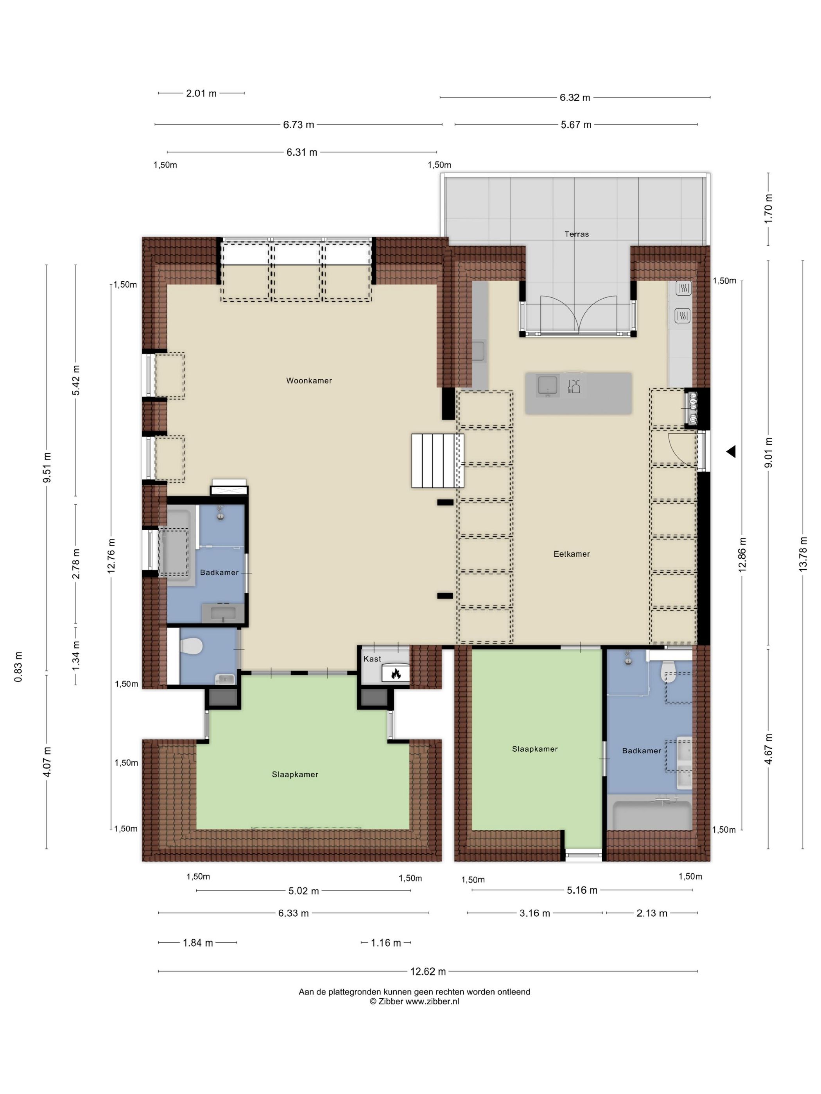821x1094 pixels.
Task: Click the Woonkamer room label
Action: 309,380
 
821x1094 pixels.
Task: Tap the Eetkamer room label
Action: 572,554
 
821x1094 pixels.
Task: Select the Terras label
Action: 577,234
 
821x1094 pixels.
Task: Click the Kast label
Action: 372,659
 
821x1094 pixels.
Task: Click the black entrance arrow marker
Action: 731,451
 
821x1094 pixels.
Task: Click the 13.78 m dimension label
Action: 803,554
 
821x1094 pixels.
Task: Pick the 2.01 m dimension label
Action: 201,93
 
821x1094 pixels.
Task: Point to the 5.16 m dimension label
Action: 582,890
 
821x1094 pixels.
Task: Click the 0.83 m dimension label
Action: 18,667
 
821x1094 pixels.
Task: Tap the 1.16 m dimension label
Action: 386,943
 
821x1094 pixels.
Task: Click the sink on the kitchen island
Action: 548,385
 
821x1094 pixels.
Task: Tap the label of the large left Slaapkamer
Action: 295,774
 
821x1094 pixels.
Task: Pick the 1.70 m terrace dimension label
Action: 768,208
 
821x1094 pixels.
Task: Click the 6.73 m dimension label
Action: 298,125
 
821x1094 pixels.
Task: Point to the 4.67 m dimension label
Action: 768,749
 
